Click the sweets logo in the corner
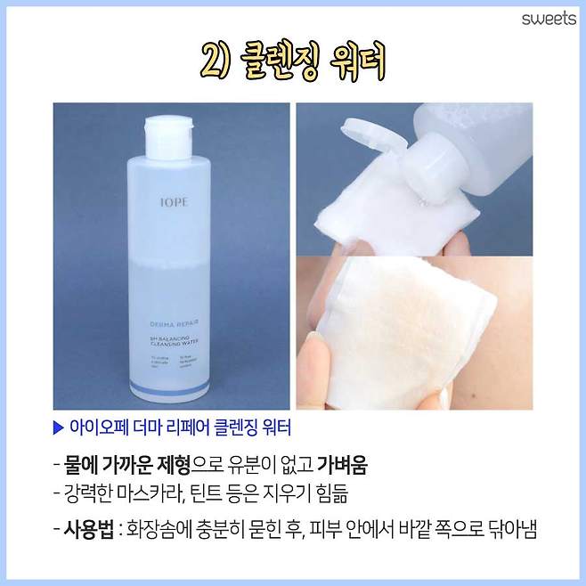[549, 19]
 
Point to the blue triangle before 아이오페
[59, 427]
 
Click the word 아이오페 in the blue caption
[97, 427]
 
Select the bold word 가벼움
[342, 466]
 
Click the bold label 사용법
[90, 530]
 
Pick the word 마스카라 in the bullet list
[182, 492]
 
